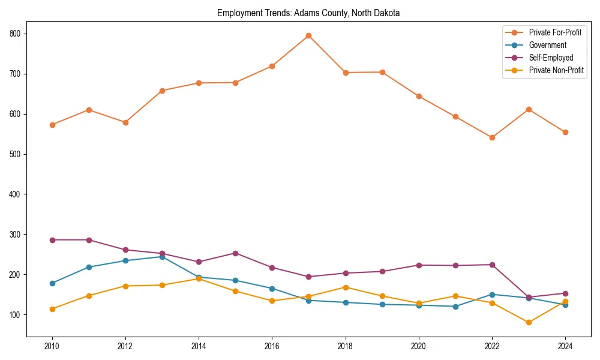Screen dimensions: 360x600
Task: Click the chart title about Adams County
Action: tap(308, 13)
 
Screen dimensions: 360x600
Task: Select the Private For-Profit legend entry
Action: tap(555, 32)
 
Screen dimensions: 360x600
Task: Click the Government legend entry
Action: tap(547, 45)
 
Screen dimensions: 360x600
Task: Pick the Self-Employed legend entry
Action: tap(551, 58)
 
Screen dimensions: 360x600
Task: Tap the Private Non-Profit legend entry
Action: tap(556, 70)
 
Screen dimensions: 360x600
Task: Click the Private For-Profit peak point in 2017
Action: tap(308, 35)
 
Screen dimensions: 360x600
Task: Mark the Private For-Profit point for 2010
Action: tap(52, 125)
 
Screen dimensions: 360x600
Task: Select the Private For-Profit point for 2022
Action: tap(492, 137)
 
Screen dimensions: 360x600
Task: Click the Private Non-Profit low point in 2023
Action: tap(529, 322)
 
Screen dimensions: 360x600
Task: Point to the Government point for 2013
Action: tap(162, 257)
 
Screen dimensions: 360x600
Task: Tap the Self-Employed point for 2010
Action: tap(52, 240)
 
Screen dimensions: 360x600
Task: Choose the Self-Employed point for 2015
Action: tap(235, 253)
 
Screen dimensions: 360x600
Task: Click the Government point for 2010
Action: tap(52, 283)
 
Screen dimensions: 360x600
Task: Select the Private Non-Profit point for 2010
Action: tap(52, 309)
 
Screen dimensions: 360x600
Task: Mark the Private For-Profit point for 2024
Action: tap(565, 132)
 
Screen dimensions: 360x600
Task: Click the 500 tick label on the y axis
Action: tap(16, 154)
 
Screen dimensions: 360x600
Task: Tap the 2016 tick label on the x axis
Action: tap(272, 346)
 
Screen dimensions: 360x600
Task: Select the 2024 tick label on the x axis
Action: tap(565, 346)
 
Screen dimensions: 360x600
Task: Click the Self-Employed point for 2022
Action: tap(492, 265)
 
